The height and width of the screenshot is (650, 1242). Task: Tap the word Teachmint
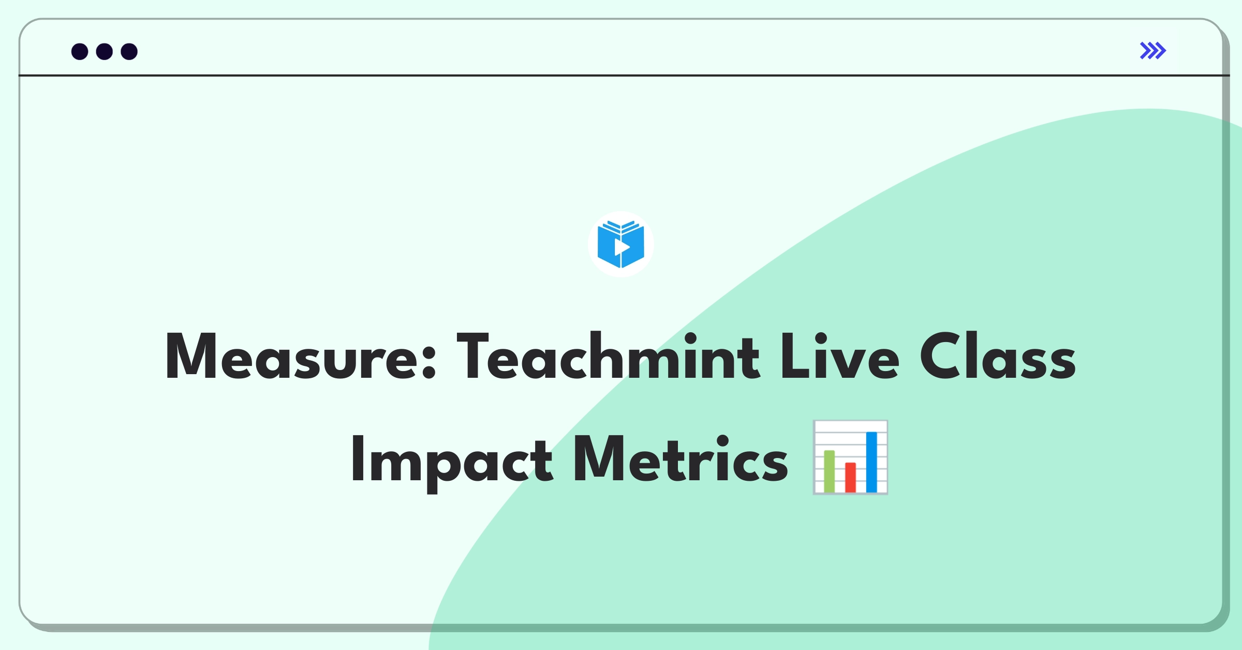point(609,356)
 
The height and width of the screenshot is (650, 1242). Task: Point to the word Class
point(998,356)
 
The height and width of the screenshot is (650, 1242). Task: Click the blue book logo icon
point(620,244)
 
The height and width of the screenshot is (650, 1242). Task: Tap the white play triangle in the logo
point(622,247)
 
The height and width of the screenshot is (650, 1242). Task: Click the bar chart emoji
point(850,457)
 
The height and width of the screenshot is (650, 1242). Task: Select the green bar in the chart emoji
point(829,471)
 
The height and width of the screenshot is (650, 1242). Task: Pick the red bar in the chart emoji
point(850,477)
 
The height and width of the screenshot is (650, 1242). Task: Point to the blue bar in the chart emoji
point(871,462)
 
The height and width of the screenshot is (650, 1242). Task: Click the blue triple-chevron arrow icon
point(1153,51)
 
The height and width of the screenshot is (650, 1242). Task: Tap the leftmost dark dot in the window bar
point(80,51)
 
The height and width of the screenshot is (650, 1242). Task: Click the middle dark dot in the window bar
point(105,51)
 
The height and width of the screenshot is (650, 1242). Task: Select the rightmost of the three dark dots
point(129,51)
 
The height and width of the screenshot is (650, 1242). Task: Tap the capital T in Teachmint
point(472,356)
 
